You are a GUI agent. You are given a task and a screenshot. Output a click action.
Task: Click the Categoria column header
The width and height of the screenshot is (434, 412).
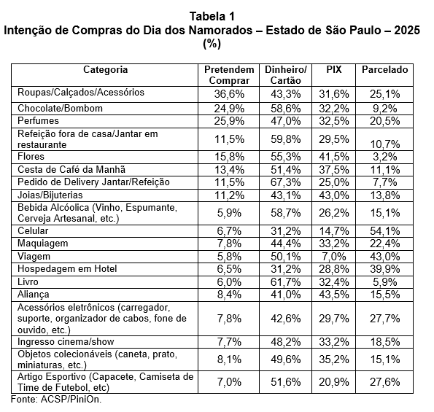click(106, 70)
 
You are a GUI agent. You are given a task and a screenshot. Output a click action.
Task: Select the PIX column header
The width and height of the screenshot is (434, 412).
click(334, 69)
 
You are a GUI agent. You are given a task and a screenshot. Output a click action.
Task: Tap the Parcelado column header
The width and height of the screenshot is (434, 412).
click(384, 69)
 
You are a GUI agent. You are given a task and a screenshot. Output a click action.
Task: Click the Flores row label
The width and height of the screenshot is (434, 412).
click(31, 157)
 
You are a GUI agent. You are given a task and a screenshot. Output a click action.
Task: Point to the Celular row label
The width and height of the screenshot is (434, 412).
click(33, 230)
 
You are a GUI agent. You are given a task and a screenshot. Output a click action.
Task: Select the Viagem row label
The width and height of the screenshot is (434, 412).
click(34, 256)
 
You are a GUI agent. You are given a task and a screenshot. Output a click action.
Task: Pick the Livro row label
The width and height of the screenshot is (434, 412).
click(28, 281)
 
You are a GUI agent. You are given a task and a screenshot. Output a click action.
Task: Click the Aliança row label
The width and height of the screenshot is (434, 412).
click(34, 295)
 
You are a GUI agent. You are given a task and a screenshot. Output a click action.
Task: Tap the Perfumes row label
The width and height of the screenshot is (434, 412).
click(38, 120)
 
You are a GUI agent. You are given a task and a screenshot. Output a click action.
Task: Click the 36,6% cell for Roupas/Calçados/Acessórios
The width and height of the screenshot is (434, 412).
click(229, 94)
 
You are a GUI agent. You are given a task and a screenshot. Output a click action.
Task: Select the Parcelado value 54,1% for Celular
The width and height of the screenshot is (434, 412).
click(384, 231)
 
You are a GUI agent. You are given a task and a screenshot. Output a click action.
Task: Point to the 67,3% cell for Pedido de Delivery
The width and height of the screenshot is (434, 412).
click(286, 182)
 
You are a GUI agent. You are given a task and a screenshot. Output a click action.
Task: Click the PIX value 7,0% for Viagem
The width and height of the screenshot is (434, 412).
click(334, 257)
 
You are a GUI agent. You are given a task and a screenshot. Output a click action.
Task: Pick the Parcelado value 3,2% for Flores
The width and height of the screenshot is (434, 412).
click(384, 157)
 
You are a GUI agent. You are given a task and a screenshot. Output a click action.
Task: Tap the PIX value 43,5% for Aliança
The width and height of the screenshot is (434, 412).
click(334, 295)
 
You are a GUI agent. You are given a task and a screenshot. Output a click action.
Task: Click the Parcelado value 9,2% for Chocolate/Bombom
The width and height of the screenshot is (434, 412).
click(384, 109)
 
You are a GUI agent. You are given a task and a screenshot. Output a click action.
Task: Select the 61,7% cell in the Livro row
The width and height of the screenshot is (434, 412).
click(286, 282)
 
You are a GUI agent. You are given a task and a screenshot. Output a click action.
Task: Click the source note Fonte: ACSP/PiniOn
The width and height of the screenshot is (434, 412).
click(56, 400)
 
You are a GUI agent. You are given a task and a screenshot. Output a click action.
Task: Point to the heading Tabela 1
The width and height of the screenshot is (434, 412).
click(212, 16)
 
